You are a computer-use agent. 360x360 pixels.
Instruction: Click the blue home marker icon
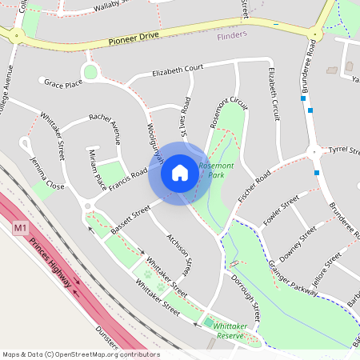[180, 173]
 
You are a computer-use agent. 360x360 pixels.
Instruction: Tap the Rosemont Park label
[216, 169]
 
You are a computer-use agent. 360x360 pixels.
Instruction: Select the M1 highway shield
[21, 229]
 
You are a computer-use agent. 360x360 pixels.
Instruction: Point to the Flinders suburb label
[232, 35]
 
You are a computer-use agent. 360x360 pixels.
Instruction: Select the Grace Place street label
[63, 82]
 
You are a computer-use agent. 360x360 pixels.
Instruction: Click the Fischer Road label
[256, 186]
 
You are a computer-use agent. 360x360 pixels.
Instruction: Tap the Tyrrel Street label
[346, 150]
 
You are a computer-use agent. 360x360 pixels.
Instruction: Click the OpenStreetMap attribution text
[81, 354]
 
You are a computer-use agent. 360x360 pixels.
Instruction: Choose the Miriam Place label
[97, 169]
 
